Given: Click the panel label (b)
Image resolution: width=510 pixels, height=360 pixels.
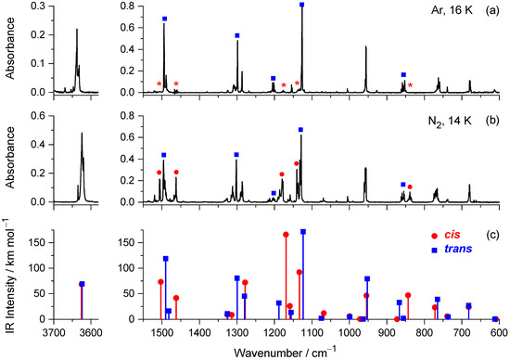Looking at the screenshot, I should click(x=495, y=122).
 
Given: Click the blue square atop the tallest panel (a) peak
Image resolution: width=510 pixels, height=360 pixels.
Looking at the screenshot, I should click(x=302, y=6).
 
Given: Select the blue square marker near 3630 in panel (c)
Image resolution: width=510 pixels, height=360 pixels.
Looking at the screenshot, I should click(x=82, y=284).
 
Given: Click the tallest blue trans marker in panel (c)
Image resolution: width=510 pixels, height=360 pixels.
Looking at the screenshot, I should click(x=302, y=231).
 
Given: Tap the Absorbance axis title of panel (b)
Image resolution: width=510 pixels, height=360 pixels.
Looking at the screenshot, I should click(x=11, y=158).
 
